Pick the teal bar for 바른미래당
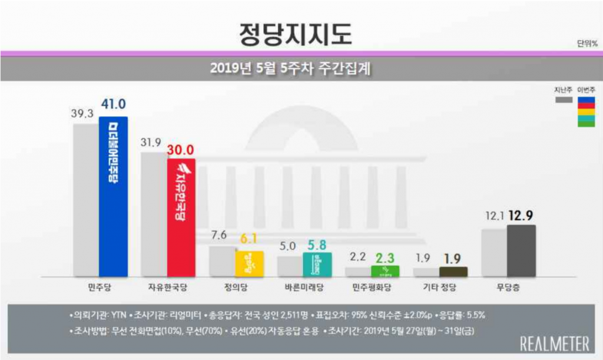coord(317,264)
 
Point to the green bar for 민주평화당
coord(385,271)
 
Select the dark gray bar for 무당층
coord(521,250)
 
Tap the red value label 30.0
coord(181,150)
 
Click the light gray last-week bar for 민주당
coord(85,200)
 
